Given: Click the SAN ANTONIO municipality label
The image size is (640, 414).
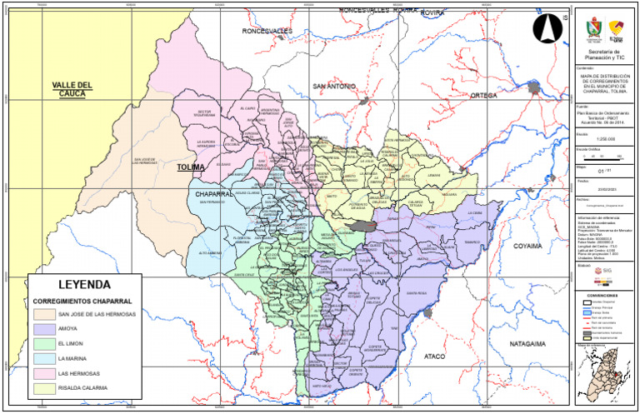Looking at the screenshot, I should tap(334, 87).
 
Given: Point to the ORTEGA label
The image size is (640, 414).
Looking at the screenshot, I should tap(482, 96).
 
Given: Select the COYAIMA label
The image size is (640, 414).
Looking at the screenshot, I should tap(527, 247).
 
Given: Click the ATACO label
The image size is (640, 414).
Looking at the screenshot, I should tap(435, 356).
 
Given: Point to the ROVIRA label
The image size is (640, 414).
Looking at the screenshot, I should tap(432, 13).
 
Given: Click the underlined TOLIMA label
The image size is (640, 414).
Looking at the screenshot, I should tap(191, 167).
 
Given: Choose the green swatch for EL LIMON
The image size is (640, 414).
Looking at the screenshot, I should tap(44, 344).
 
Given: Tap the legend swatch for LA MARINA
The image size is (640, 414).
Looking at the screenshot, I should tap(44, 359).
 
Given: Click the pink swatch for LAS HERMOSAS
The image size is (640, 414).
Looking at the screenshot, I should tap(44, 374).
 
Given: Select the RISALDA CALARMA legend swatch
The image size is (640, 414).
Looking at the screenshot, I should tap(44, 388).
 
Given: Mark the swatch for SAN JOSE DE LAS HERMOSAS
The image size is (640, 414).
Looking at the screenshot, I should tap(44, 314).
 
